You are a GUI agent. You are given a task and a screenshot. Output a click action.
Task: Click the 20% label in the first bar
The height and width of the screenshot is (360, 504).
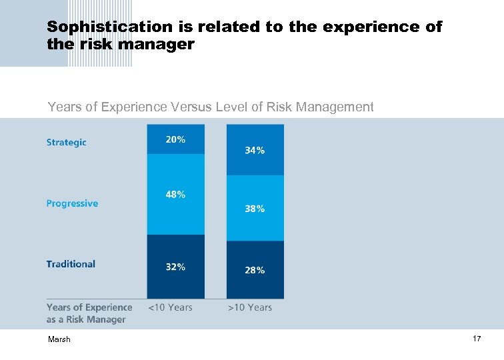click(x=175, y=140)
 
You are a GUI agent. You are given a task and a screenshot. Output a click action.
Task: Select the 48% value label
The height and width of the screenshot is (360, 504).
click(x=175, y=195)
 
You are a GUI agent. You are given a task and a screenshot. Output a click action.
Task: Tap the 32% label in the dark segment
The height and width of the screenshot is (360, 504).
click(x=175, y=267)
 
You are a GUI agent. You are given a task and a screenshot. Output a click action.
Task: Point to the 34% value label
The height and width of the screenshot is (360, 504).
click(x=255, y=151)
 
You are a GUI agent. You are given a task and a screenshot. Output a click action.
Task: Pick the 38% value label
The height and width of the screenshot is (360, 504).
click(x=255, y=209)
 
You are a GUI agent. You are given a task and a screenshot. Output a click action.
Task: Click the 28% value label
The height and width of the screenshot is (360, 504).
click(x=255, y=270)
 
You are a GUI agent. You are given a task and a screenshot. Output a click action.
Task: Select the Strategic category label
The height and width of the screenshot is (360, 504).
click(x=66, y=142)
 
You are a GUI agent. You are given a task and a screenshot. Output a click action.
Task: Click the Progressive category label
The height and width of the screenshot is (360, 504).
click(x=72, y=203)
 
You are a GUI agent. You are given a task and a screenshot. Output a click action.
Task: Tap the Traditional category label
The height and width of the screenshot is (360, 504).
click(x=71, y=264)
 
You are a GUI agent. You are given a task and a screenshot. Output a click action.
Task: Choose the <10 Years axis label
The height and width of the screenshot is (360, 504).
click(x=170, y=307)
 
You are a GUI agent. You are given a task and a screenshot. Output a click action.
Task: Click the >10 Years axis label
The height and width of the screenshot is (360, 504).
click(x=250, y=307)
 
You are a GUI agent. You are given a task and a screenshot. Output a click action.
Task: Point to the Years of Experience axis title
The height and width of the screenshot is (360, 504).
click(x=89, y=313)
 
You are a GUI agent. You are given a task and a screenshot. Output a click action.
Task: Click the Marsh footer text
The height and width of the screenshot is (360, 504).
click(x=59, y=340)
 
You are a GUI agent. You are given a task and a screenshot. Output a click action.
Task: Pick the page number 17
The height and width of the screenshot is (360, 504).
click(x=477, y=339)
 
